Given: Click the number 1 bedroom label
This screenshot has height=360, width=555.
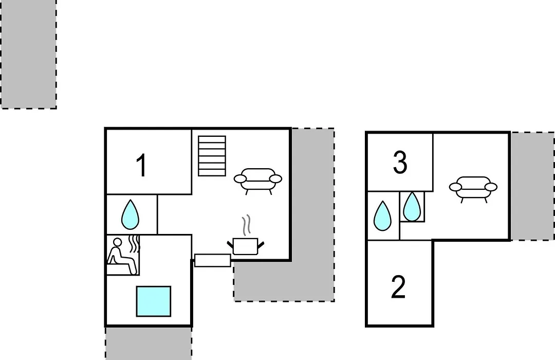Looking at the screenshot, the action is [142, 165].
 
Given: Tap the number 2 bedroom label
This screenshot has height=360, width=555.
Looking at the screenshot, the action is [398, 287].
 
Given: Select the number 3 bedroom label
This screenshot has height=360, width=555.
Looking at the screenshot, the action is [400, 163].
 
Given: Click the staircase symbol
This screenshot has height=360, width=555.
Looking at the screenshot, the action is [212, 156].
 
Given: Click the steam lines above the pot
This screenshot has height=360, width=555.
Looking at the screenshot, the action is [246, 225].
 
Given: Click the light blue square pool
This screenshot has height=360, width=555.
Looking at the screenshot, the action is [154, 301].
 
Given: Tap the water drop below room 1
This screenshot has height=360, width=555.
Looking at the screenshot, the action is [130, 215].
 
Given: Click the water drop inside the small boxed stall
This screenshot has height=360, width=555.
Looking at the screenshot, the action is [412, 206].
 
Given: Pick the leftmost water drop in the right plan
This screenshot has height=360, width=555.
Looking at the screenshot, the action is [383, 215].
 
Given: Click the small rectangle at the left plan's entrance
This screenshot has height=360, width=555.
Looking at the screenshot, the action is [213, 260].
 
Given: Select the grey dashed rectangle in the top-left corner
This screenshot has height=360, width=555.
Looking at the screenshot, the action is [28, 54].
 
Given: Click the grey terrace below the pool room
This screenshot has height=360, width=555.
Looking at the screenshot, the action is [149, 344].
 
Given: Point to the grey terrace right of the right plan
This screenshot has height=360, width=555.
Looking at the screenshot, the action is [532, 186].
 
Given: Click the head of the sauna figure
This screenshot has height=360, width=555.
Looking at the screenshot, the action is [117, 242].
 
